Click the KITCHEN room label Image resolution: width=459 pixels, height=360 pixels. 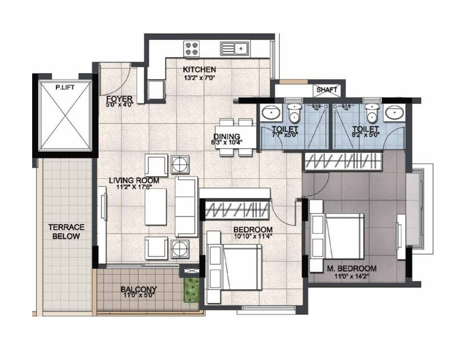coord(199,70)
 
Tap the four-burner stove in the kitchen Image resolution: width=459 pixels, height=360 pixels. coord(191,49)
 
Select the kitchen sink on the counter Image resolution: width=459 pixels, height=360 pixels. coord(235,49)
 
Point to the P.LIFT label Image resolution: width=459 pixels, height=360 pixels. coord(65,87)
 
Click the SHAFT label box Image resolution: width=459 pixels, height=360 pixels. coord(326,90)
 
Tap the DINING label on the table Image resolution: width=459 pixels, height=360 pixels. coord(227,137)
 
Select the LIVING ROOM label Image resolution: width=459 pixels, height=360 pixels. coord(134,180)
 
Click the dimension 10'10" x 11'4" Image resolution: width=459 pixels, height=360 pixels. coord(253,237)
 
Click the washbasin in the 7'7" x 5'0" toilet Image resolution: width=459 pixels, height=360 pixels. coord(271,113)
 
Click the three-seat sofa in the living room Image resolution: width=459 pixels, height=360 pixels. coord(186,206)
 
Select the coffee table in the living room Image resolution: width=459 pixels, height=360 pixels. coord(156,207)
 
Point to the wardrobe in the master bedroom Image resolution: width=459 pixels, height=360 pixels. coord(342,162)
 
